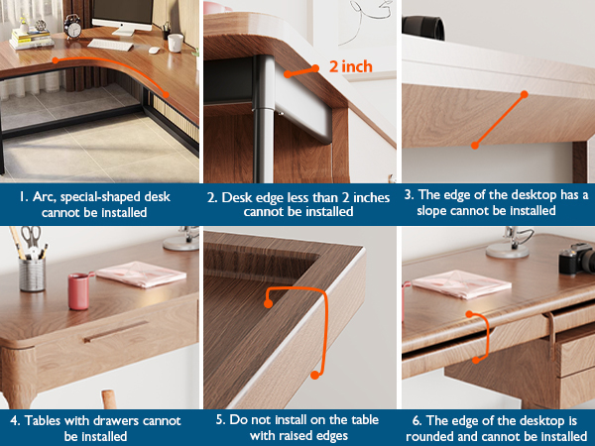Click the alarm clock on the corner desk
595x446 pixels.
coord(72,26)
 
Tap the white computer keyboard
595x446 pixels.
coord(110,45)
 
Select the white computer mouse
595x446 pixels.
coord(154,51)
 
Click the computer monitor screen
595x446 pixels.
coord(123,11)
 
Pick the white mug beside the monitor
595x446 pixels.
coord(176,43)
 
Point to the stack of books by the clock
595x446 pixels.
coord(31,39)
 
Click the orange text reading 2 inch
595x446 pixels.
coord(351,66)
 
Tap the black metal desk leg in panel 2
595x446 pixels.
coord(264,119)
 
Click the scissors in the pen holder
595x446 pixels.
coord(31,238)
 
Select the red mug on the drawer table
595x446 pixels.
coord(79,290)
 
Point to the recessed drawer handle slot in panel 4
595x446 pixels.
coord(115,331)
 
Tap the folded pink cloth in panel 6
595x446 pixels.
coord(461,284)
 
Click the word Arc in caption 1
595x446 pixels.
coord(42,197)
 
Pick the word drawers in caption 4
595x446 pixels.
coord(118,420)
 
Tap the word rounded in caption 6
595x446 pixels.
coord(430,436)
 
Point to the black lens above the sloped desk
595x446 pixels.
coord(423,28)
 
